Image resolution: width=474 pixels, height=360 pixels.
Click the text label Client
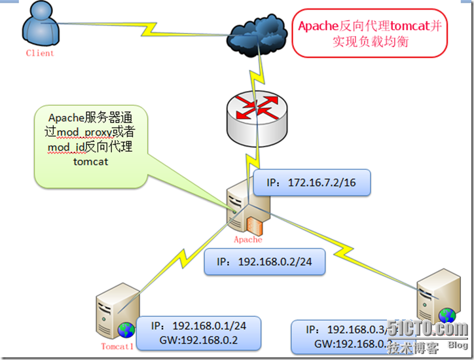pos(40,53)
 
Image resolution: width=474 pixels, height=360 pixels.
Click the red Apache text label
pos(247,240)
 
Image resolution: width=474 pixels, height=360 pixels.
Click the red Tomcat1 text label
pos(117,346)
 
